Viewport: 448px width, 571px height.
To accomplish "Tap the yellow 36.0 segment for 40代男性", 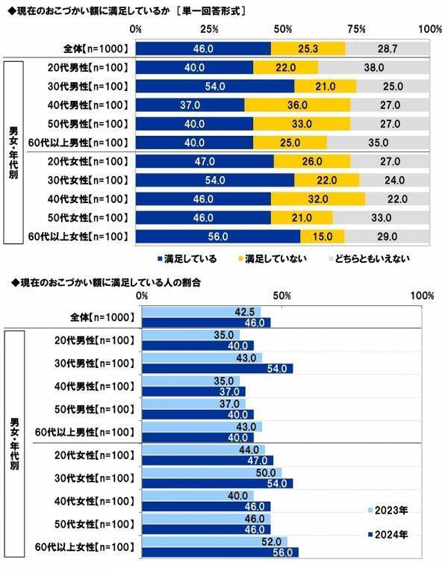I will coord(297,105).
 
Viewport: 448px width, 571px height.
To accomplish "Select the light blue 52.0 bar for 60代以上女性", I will coord(214,541).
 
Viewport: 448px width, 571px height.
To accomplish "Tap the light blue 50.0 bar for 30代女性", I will coord(211,472).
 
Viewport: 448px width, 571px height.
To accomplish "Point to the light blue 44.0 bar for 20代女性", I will coord(203,449).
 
